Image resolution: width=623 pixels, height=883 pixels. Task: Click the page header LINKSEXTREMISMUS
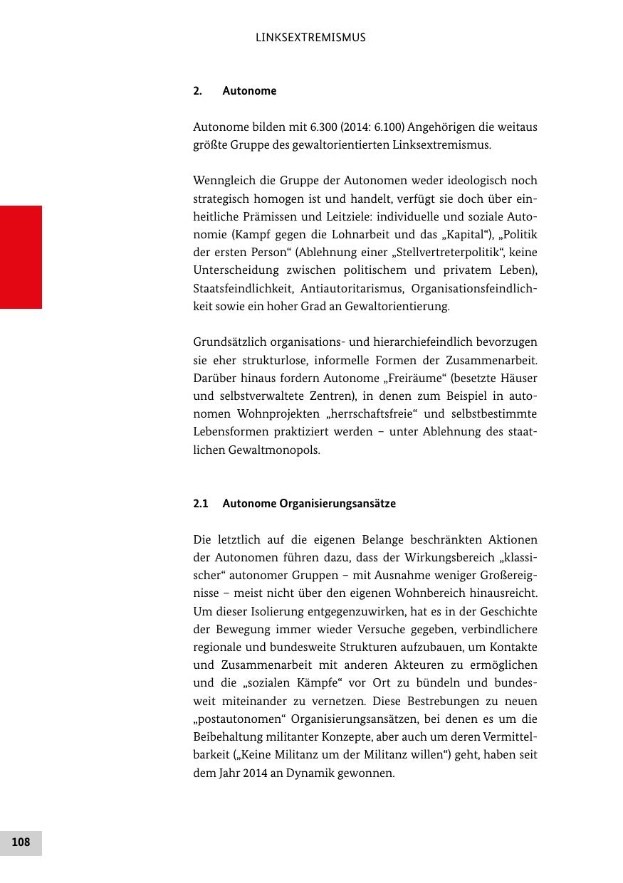pos(310,38)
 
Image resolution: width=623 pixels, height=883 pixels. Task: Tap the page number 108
pos(21,842)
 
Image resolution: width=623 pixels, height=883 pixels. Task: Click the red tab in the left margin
pos(21,257)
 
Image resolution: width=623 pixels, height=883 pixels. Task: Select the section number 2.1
pos(200,504)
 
